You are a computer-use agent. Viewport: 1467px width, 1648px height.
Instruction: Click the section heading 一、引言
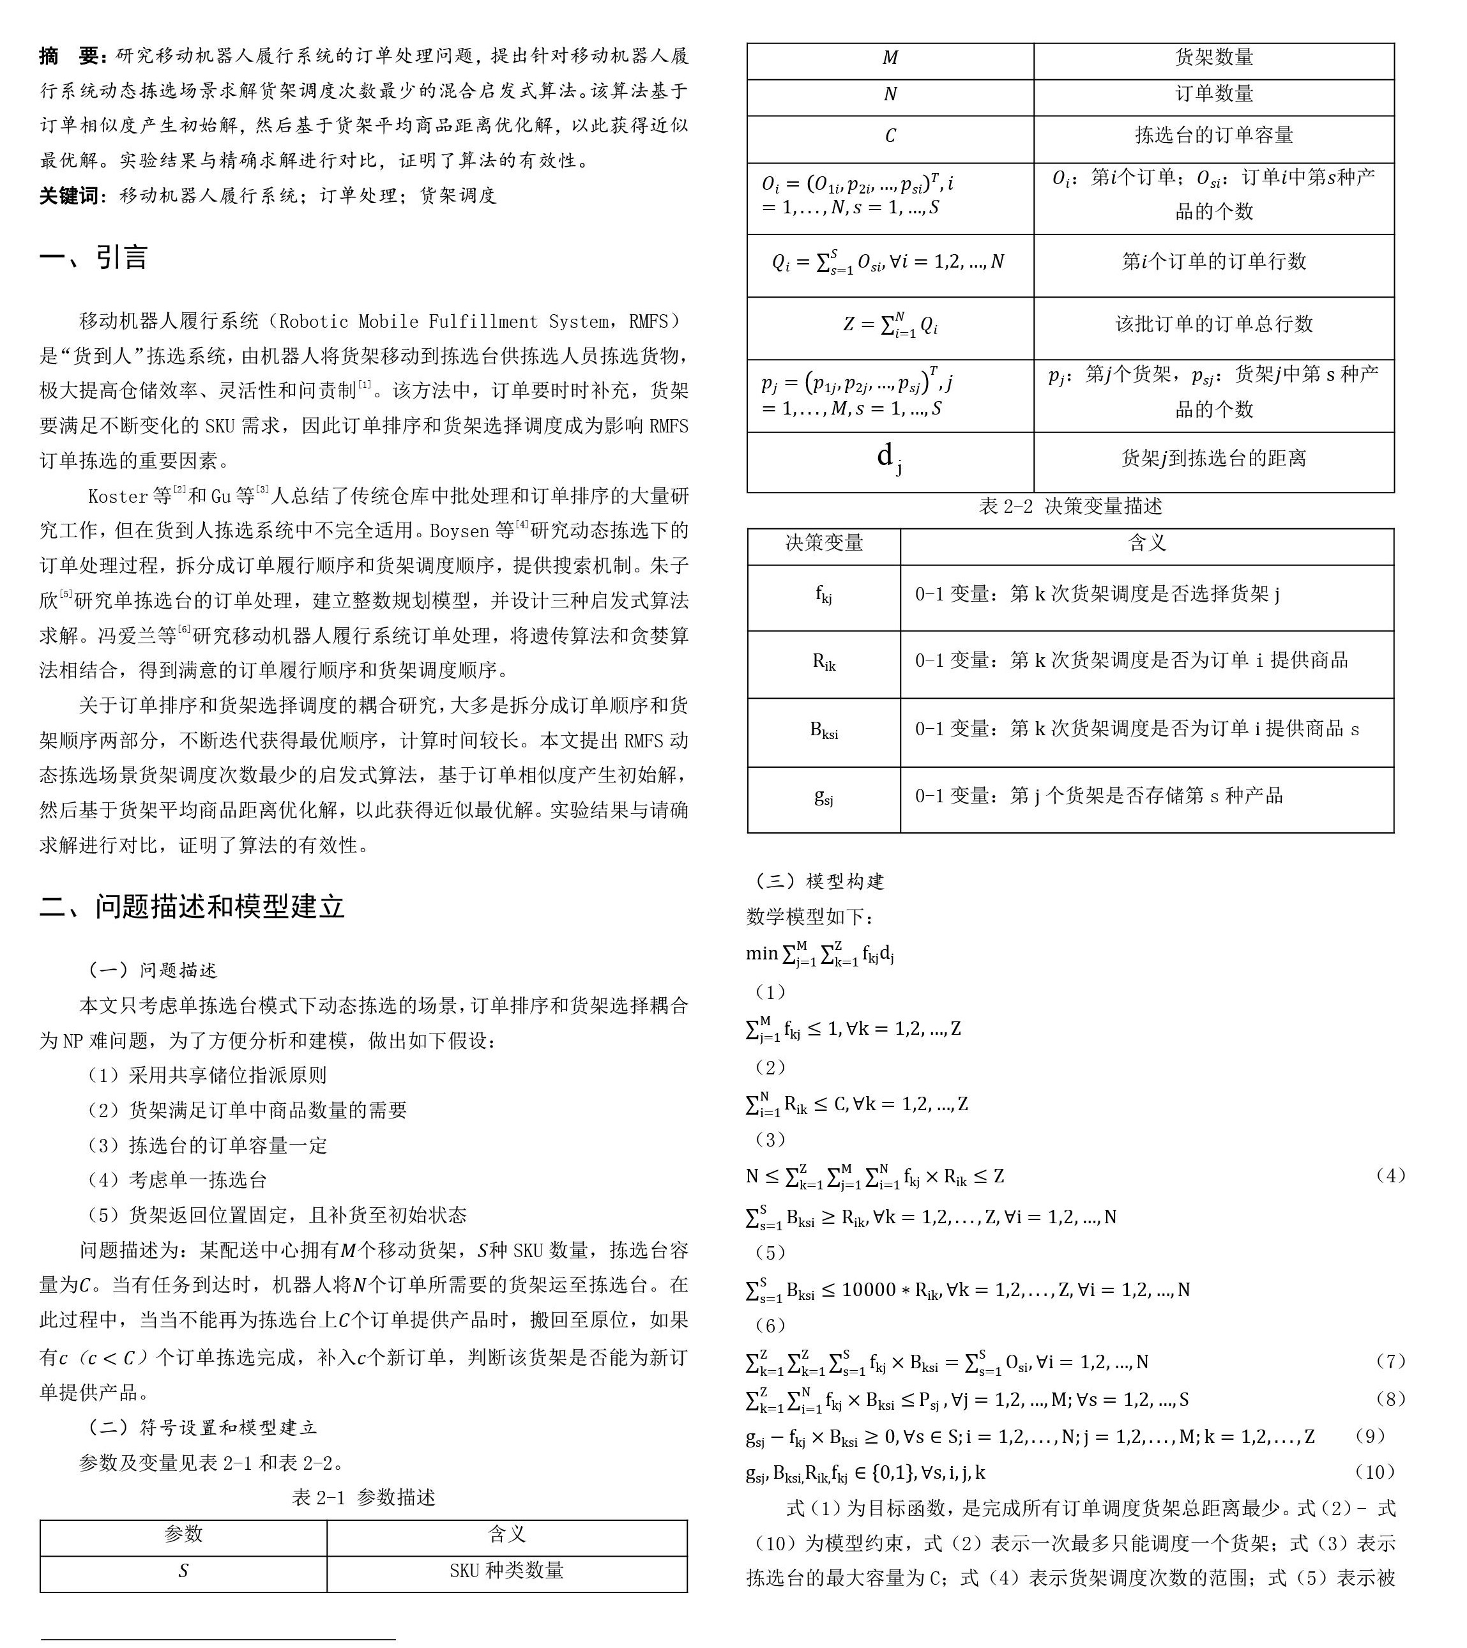[93, 257]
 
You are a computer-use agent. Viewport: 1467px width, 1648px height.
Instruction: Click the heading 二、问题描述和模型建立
[192, 906]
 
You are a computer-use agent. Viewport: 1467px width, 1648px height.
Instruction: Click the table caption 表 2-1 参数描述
[363, 1497]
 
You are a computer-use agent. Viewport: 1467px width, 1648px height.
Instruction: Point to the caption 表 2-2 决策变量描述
[1070, 507]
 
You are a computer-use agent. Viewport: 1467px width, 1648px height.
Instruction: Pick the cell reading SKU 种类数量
[506, 1571]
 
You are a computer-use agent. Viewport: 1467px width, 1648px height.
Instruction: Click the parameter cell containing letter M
[890, 57]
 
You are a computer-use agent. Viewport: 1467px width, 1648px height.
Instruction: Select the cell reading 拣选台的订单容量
[1214, 135]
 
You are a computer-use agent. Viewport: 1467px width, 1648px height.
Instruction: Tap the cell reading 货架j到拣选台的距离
[1214, 459]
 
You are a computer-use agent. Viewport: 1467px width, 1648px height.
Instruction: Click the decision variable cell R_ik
[824, 663]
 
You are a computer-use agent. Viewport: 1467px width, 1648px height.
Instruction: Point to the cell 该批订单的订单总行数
[1214, 324]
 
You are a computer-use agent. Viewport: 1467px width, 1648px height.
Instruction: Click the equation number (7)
[1390, 1361]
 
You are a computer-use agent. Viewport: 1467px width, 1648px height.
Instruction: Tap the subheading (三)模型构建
[816, 881]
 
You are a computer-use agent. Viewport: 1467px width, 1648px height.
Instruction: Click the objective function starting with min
[820, 954]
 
